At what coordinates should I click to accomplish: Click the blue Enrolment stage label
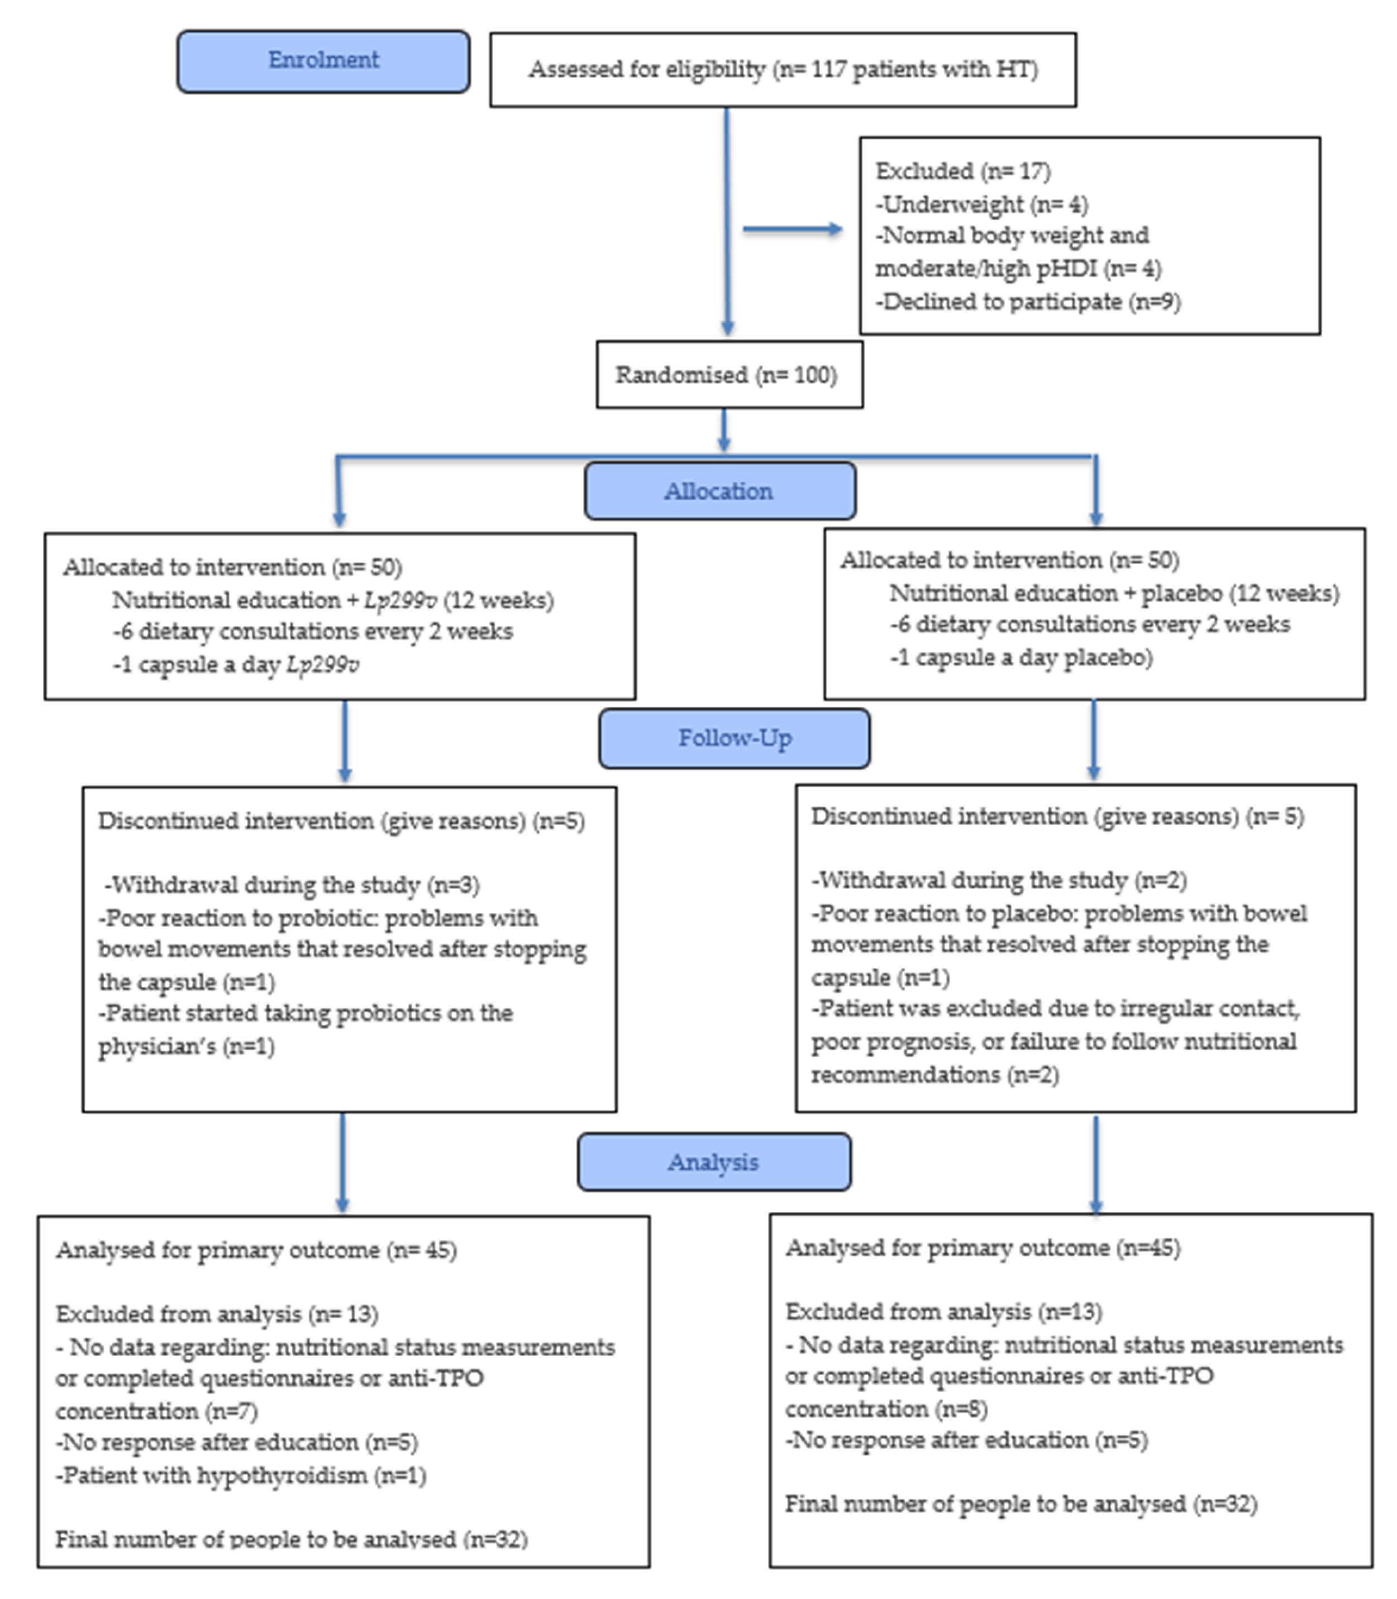click(x=323, y=61)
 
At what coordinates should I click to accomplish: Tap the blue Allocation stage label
click(x=719, y=491)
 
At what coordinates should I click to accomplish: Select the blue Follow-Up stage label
click(x=735, y=738)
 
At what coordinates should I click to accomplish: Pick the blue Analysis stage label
click(x=713, y=1162)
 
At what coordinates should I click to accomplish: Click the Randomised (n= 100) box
click(x=728, y=375)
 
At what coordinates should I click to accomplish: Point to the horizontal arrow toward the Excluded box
click(x=792, y=229)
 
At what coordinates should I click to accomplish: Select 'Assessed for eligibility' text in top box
click(x=647, y=69)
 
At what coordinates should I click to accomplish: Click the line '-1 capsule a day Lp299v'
click(x=236, y=664)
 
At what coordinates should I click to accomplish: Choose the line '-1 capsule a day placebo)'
click(x=1021, y=657)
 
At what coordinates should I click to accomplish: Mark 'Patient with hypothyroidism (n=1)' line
click(x=242, y=1475)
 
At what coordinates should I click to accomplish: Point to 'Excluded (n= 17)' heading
click(x=963, y=171)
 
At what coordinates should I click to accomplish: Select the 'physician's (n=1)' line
click(x=187, y=1046)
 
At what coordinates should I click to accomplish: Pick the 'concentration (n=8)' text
click(x=886, y=1409)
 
